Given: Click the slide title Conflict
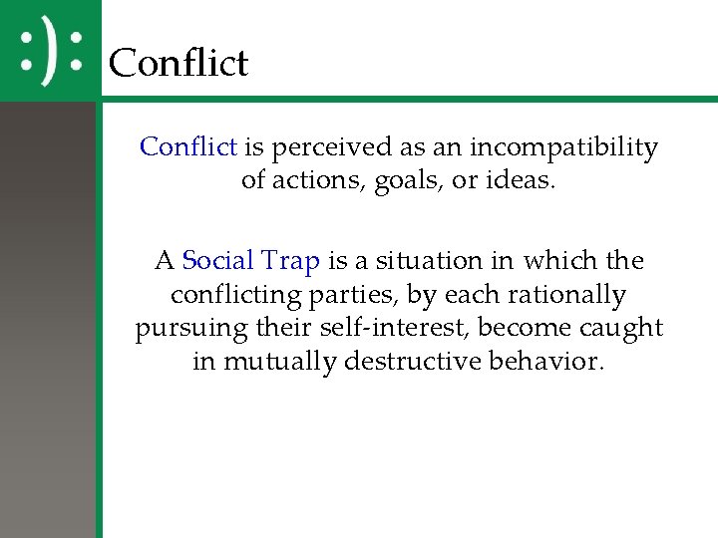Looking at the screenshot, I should [x=178, y=63].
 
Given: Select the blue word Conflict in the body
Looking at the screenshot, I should [x=188, y=147].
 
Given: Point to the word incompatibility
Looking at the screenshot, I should [x=563, y=148].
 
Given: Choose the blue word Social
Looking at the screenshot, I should [x=217, y=261].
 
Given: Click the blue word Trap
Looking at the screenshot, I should [x=290, y=262].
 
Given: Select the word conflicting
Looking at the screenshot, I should [x=235, y=296].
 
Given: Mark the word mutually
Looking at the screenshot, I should [x=279, y=362].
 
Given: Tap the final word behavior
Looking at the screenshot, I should [x=550, y=362].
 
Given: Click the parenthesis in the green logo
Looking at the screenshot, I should [x=50, y=51].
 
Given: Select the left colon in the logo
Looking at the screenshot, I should [x=28, y=51].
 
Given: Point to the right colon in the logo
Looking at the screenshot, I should [x=75, y=51].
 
